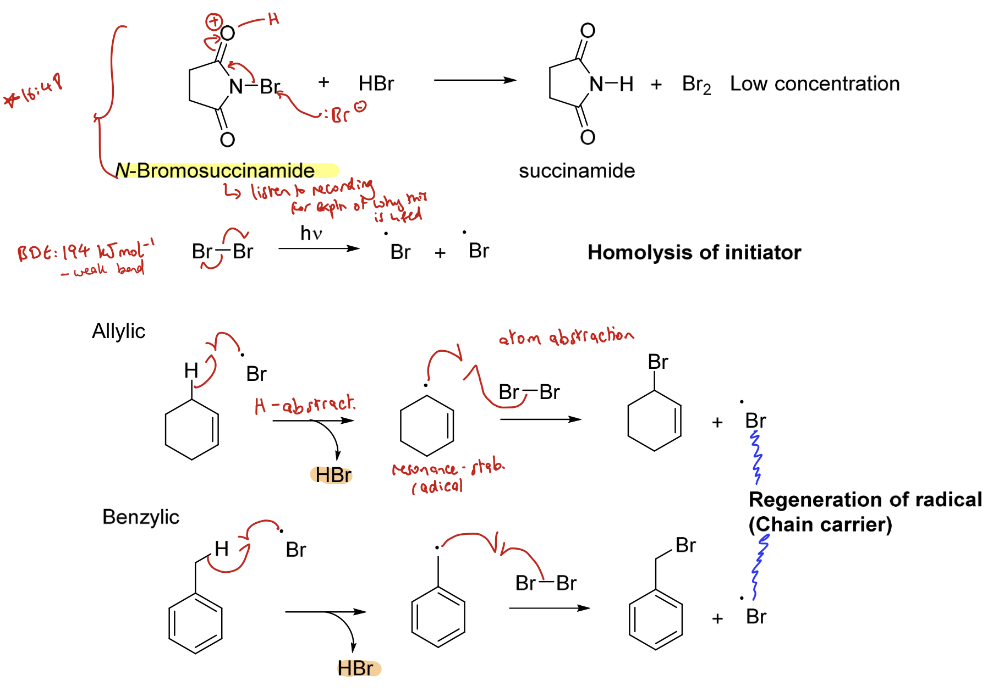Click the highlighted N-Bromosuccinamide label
[x=216, y=171]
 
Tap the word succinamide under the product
[x=577, y=171]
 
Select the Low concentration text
[x=814, y=84]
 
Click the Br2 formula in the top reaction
[x=696, y=85]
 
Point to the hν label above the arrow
[x=311, y=234]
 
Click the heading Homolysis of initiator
[x=694, y=252]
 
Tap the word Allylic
[x=118, y=331]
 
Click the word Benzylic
[x=141, y=517]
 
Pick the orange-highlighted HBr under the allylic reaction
[x=333, y=475]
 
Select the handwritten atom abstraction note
[x=566, y=336]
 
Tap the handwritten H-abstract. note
[x=305, y=405]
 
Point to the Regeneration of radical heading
[x=865, y=500]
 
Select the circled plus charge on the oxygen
[x=213, y=22]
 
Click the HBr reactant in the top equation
[x=376, y=84]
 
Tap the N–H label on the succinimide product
[x=611, y=85]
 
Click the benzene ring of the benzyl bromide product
[x=655, y=619]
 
